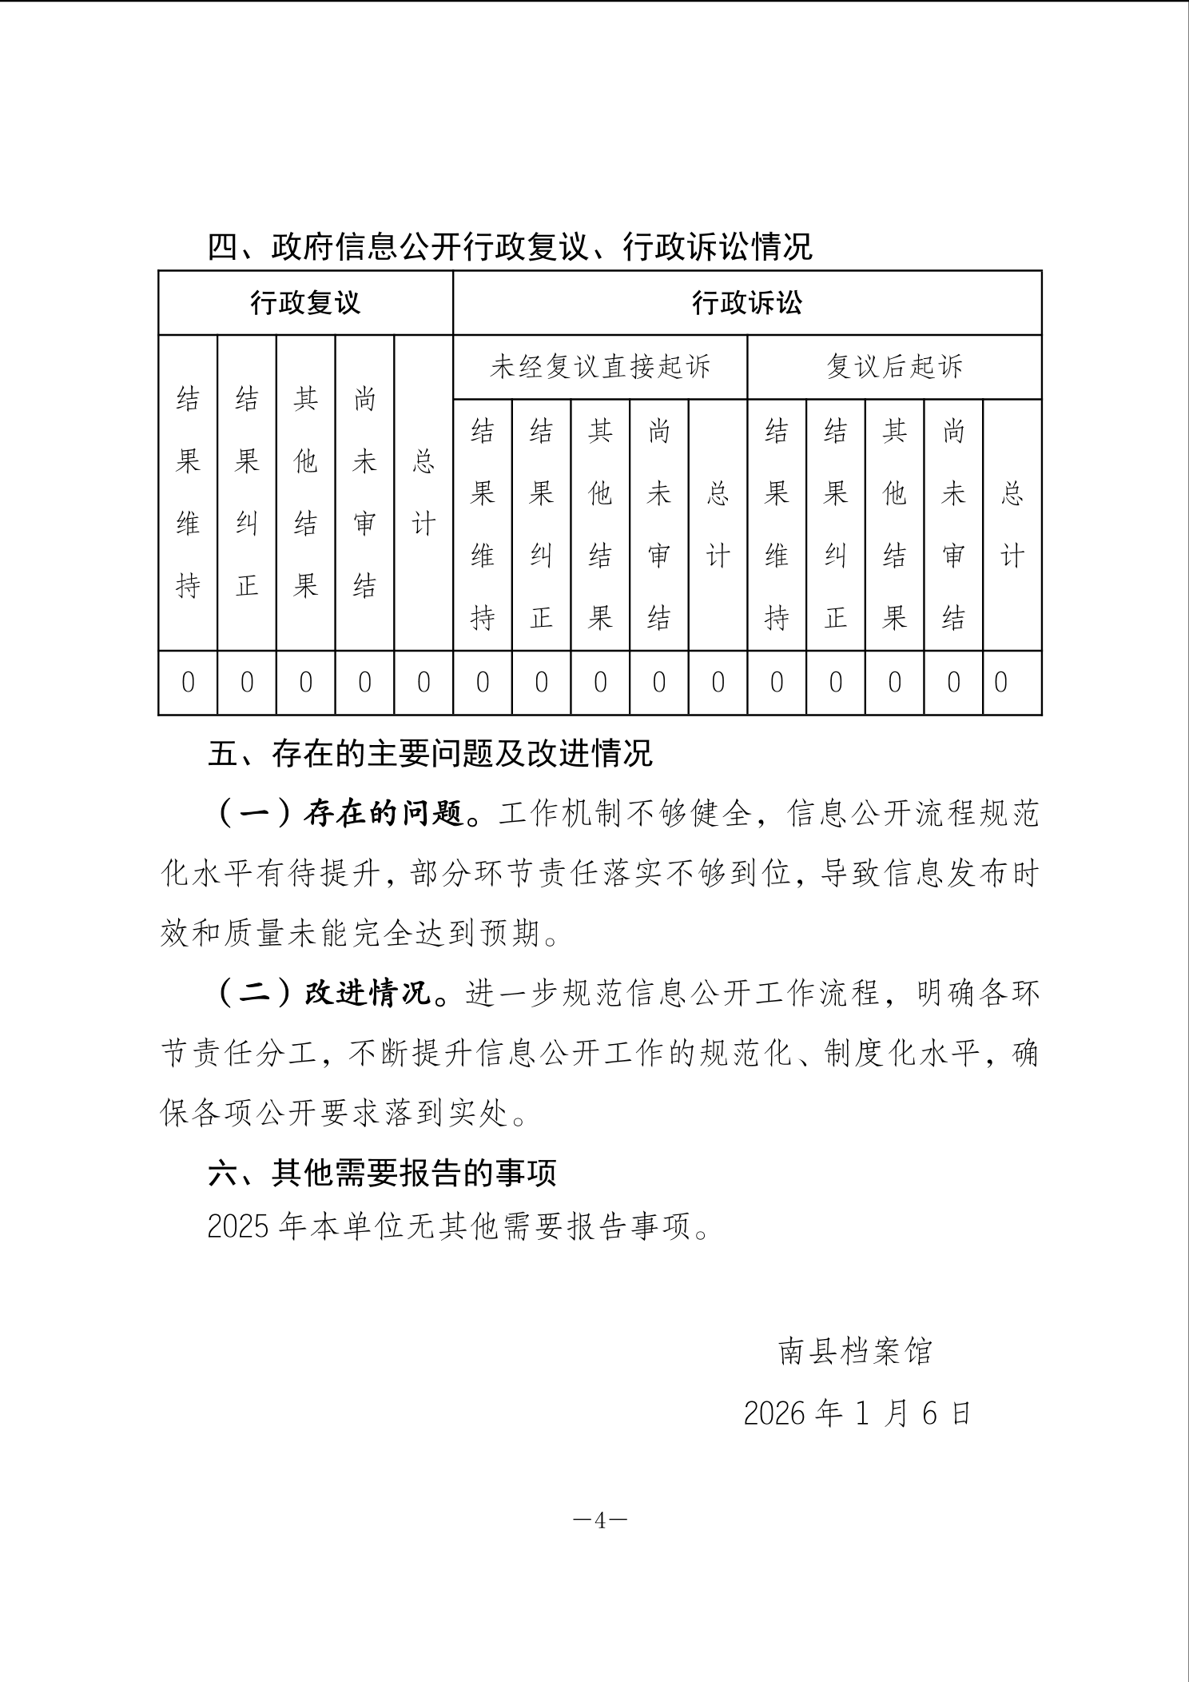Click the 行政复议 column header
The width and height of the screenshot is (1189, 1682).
(305, 303)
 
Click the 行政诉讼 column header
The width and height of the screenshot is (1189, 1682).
(746, 303)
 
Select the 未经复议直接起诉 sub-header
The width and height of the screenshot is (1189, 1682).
(600, 367)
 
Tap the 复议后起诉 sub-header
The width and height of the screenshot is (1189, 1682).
(894, 367)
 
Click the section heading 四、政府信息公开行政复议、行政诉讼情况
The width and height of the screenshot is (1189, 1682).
(510, 247)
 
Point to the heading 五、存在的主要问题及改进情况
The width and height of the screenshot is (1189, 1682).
(430, 754)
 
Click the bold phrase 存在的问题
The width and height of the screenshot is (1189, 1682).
(384, 815)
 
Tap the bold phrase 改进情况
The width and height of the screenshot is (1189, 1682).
(368, 994)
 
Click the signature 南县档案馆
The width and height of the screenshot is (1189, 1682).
(855, 1351)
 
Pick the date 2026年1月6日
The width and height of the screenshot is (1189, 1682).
(857, 1413)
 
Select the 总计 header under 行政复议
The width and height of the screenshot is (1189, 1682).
(424, 492)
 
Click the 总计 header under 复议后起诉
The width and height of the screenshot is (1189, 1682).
(1012, 524)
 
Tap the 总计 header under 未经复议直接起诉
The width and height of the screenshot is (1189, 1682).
(718, 524)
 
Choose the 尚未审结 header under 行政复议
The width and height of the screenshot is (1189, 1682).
(364, 492)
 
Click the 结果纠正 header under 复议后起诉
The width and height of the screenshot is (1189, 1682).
(836, 524)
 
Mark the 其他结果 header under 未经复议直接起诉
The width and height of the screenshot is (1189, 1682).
(600, 524)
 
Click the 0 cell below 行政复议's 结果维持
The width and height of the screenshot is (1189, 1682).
(188, 683)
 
